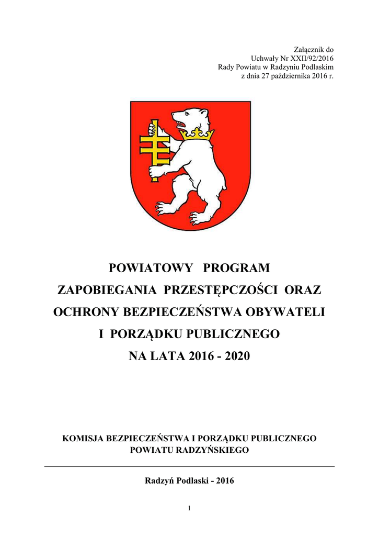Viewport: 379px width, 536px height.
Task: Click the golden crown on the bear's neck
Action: click(x=197, y=135)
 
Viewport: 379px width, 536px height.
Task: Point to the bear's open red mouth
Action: click(x=181, y=125)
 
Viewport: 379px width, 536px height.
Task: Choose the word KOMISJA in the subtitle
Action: click(x=83, y=438)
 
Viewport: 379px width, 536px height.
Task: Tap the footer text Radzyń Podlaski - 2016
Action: click(x=189, y=481)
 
